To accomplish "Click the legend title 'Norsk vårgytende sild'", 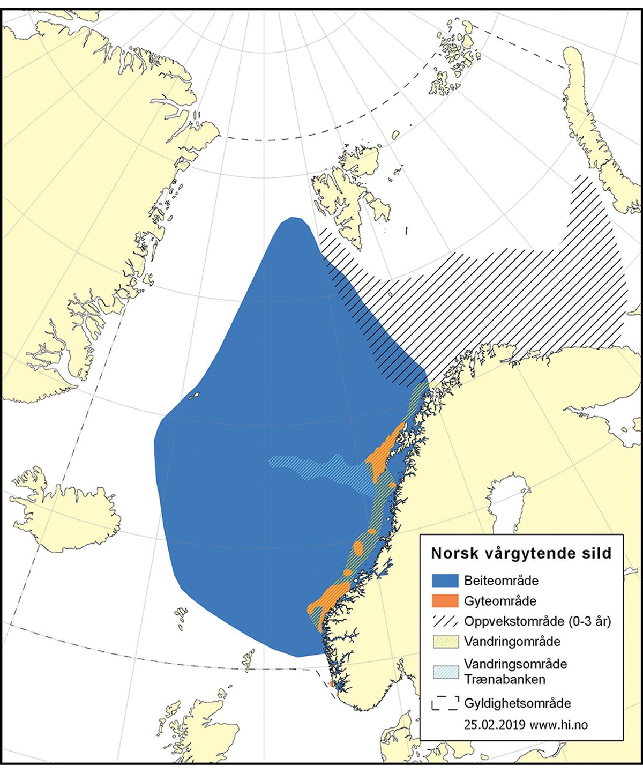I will (x=521, y=554).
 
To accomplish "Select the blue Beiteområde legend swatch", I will (x=445, y=581).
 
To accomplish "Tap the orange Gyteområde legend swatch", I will (x=445, y=601).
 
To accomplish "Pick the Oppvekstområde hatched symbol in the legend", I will (x=445, y=621).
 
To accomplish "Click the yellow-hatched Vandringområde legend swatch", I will (x=445, y=642).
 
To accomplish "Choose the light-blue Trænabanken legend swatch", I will (x=445, y=671).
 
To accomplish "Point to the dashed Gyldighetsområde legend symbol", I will (x=445, y=703).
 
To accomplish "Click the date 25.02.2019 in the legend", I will (x=495, y=725).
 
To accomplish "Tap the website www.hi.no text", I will (x=558, y=725).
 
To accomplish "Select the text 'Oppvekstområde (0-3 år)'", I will (x=537, y=621).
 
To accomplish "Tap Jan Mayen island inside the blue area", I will (x=194, y=396).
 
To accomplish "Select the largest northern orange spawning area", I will (x=383, y=453).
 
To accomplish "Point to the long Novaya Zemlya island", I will (x=595, y=134).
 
